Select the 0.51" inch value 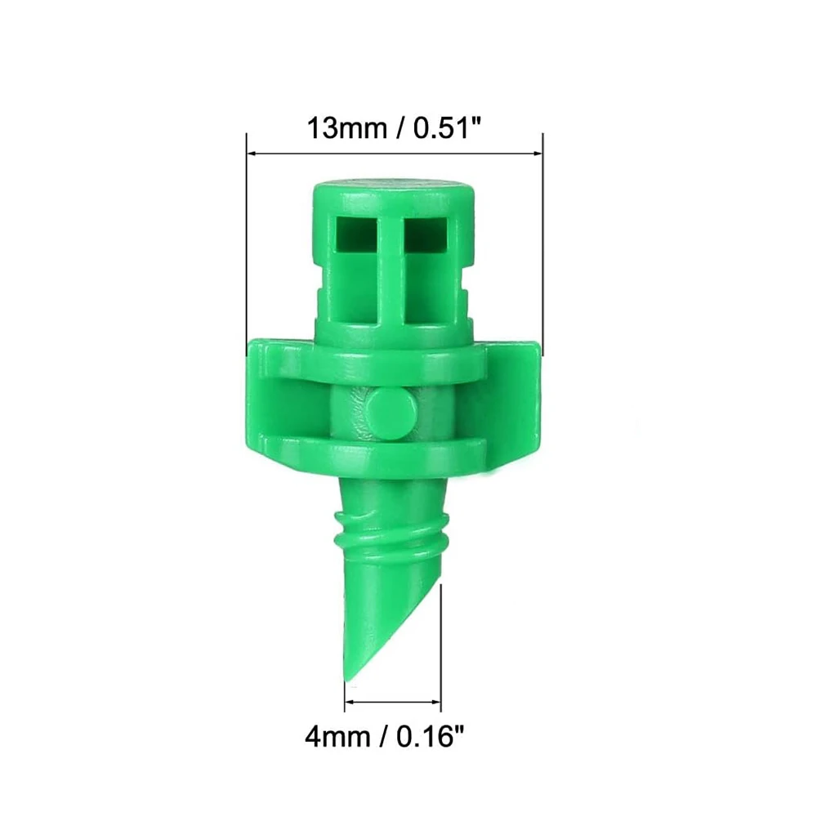click(442, 128)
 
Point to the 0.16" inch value click(431, 739)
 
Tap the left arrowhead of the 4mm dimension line click(349, 701)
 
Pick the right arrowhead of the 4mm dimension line click(437, 701)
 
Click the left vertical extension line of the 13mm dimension click(247, 245)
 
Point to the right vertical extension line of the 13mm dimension click(542, 245)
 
